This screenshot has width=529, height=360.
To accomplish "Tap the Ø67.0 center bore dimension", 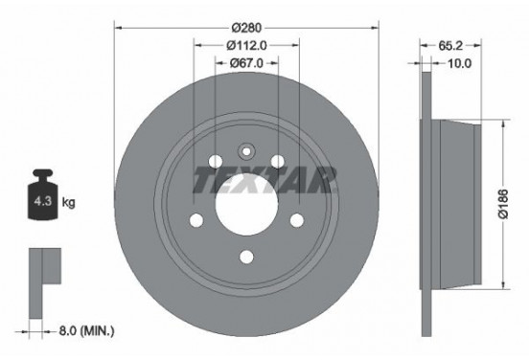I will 245,62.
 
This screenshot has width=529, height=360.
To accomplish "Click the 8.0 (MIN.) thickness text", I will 82,331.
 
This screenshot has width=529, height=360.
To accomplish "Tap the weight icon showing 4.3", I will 43,201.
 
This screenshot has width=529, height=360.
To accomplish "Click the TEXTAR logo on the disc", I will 264,179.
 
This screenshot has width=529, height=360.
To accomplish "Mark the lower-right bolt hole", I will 296,222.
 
